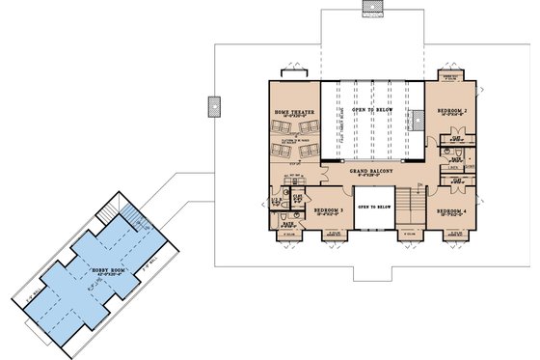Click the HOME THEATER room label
294,112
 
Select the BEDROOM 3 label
330,209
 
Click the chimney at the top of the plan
372,9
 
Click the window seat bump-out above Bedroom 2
449,76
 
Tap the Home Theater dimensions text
294,118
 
